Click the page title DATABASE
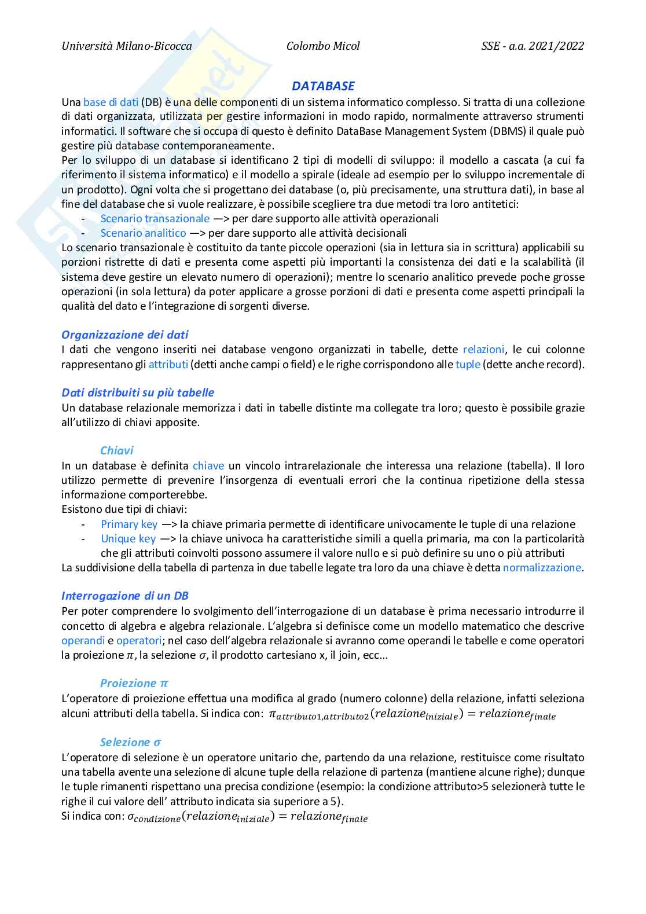pyautogui.click(x=323, y=86)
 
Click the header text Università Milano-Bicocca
pyautogui.click(x=127, y=46)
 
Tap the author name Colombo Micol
pyautogui.click(x=323, y=46)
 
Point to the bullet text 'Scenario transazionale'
pyautogui.click(x=155, y=219)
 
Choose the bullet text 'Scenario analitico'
pyautogui.click(x=144, y=233)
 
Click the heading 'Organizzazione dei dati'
pyautogui.click(x=125, y=335)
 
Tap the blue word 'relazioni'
pyautogui.click(x=484, y=350)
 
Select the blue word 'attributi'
pyautogui.click(x=168, y=365)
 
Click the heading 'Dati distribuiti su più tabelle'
pyautogui.click(x=138, y=393)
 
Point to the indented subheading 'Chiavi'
pyautogui.click(x=117, y=451)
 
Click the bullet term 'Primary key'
pyautogui.click(x=129, y=524)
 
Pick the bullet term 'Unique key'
pyautogui.click(x=129, y=539)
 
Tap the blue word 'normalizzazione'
pyautogui.click(x=542, y=568)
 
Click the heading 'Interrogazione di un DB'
pyautogui.click(x=125, y=596)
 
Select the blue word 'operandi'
pyautogui.click(x=83, y=641)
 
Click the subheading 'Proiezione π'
pyautogui.click(x=134, y=684)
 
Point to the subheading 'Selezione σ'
pyautogui.click(x=131, y=743)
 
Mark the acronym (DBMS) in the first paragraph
pyautogui.click(x=507, y=131)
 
